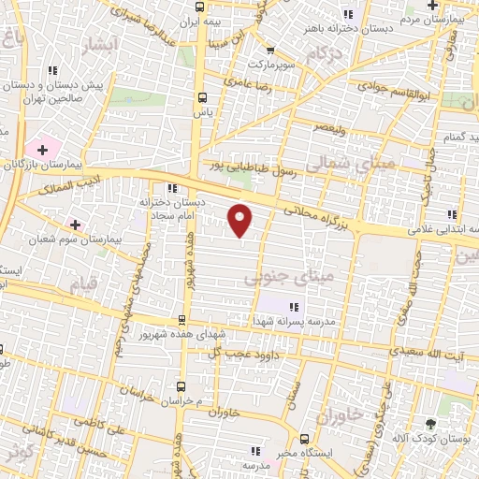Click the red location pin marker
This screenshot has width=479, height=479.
point(240,220)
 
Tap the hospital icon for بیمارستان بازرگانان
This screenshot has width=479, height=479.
point(41,150)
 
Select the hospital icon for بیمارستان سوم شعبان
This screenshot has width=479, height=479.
point(76,225)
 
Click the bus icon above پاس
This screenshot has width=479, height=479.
point(202,97)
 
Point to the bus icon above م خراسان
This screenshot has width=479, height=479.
point(182,385)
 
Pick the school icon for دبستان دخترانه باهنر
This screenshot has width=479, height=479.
point(349,14)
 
